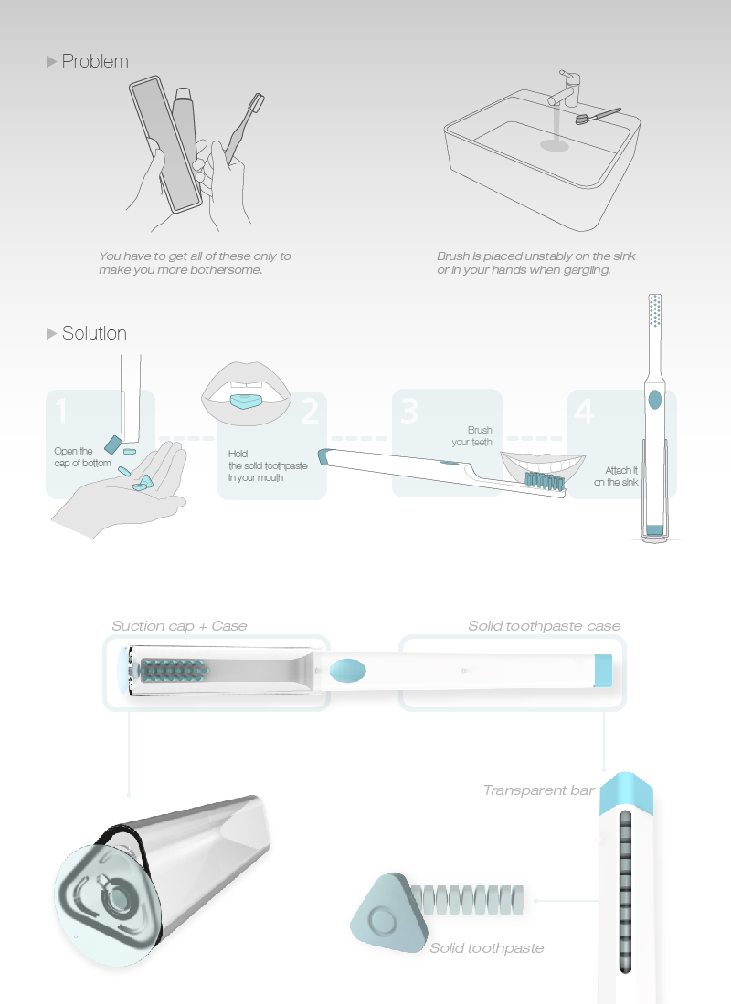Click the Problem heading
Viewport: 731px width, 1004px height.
94,62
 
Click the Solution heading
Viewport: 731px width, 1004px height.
94,333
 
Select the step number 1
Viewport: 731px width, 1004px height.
61,412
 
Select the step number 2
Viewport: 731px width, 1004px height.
310,413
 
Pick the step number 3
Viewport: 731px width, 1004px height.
409,412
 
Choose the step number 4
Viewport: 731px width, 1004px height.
583,412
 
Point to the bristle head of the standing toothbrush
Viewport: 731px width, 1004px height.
654,311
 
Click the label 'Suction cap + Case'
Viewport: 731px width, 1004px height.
179,626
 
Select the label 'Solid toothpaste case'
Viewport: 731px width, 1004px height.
544,626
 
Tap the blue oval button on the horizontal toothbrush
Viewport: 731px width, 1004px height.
347,671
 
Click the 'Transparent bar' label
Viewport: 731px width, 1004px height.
538,790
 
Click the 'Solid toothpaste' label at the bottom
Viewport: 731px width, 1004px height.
486,948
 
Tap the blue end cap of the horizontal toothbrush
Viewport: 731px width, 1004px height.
602,671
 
